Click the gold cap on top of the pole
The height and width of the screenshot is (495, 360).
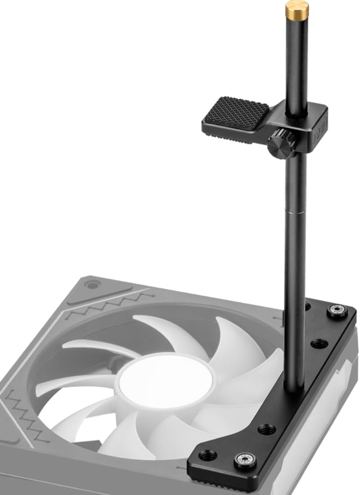click(x=297, y=8)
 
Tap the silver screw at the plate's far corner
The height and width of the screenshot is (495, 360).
click(x=337, y=311)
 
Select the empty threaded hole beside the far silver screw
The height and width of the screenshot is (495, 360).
click(x=319, y=343)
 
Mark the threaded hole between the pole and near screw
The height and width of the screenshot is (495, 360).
click(x=267, y=429)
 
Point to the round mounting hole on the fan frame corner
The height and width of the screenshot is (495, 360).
click(x=91, y=285)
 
